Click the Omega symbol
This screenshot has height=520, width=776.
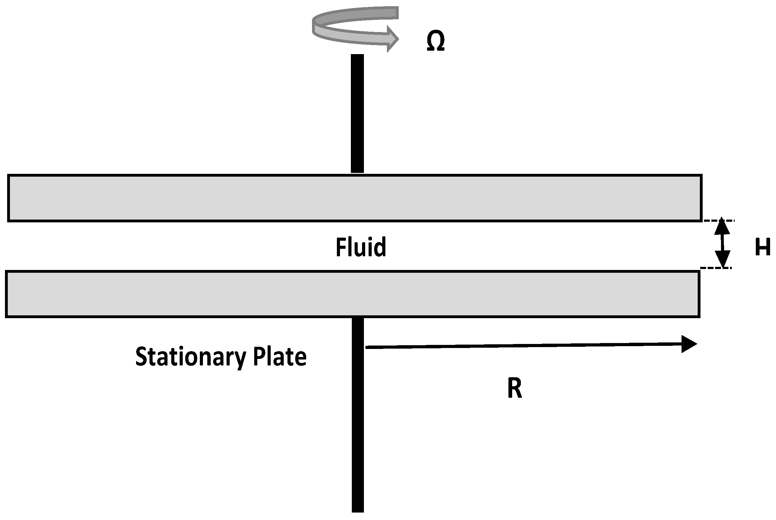tap(435, 41)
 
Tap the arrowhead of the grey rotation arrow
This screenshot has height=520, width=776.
tap(393, 39)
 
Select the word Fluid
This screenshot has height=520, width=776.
tap(361, 247)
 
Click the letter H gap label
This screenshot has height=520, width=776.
tap(762, 247)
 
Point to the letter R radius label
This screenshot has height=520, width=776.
tap(515, 388)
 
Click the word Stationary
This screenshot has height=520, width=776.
tap(191, 357)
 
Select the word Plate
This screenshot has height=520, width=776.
tap(280, 356)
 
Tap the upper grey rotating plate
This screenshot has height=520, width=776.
tap(355, 198)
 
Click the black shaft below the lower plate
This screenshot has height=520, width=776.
tap(358, 415)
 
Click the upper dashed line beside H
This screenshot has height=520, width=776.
tap(719, 220)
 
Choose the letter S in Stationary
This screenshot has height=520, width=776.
tap(141, 357)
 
